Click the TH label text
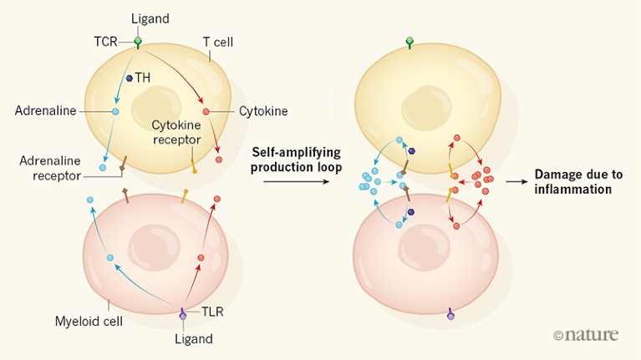[145, 78]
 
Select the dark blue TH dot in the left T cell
[130, 79]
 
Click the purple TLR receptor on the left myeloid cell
[183, 315]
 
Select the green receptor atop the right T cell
[409, 41]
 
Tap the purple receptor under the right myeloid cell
[450, 315]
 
